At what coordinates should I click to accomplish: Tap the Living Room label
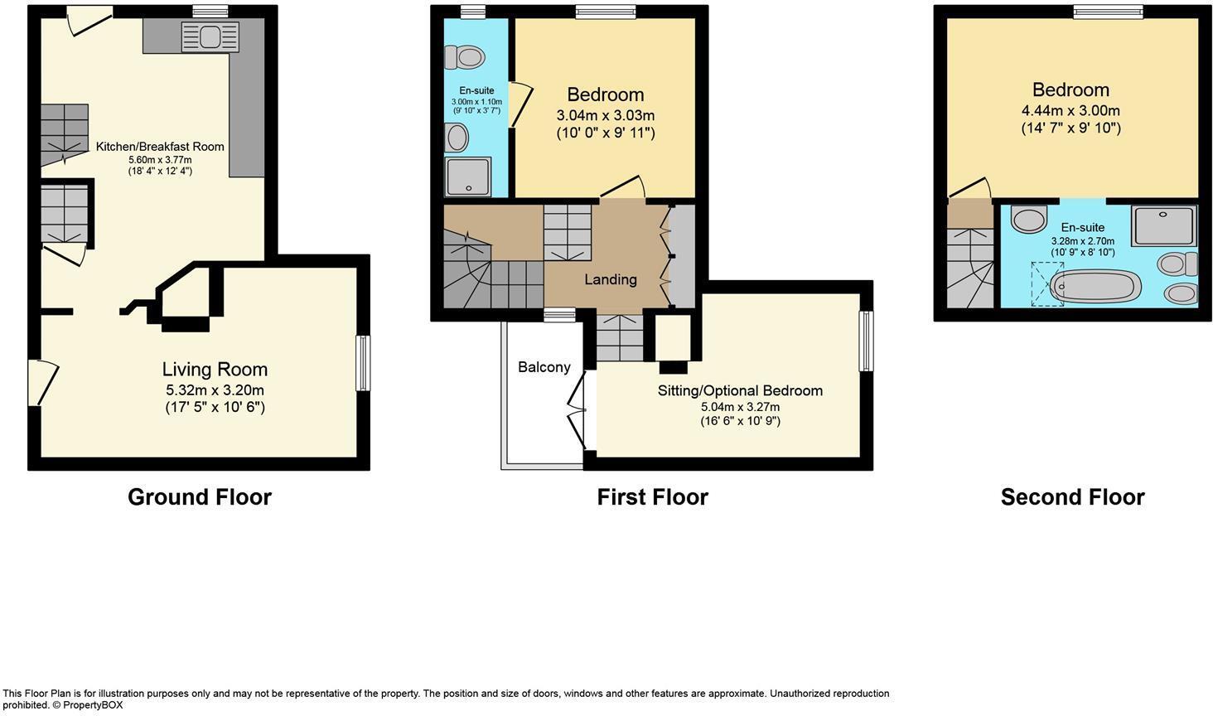(215, 370)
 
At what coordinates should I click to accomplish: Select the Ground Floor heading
(200, 497)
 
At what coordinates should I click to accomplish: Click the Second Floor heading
(1072, 497)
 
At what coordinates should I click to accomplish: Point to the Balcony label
(544, 367)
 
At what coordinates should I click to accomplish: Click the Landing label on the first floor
(611, 279)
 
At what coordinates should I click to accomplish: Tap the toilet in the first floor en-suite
(464, 57)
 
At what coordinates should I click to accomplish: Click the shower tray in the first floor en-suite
(468, 177)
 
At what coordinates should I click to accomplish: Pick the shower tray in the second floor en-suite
(1164, 225)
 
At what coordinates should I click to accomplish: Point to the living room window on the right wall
(363, 362)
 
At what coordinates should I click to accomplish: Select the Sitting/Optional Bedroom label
(740, 390)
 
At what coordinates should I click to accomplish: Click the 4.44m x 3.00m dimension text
(1070, 111)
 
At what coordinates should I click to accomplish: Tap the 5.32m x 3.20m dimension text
(215, 390)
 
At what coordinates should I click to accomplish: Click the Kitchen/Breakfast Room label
(160, 147)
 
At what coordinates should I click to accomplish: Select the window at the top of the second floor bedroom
(1108, 12)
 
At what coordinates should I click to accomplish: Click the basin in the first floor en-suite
(457, 138)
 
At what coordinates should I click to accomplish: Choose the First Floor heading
(652, 497)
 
